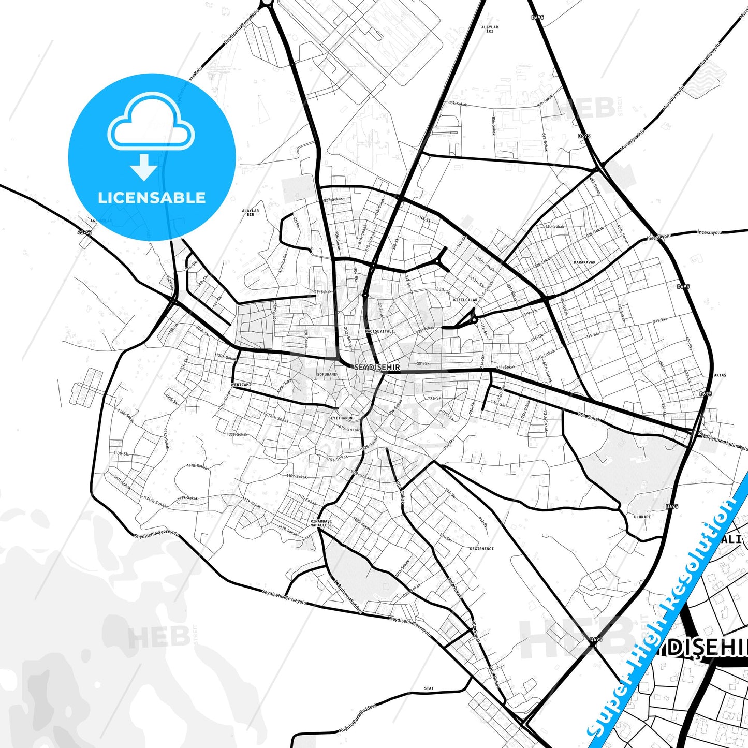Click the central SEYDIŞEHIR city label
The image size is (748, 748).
tap(377, 367)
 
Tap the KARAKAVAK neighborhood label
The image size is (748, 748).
tap(584, 262)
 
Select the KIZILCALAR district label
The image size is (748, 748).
tap(465, 300)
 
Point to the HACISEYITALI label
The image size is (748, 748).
tap(379, 331)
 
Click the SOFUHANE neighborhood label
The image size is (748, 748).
tap(327, 374)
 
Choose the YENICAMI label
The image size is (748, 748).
tap(241, 385)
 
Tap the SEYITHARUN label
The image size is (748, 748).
tap(340, 418)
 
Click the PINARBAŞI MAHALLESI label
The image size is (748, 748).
tap(321, 523)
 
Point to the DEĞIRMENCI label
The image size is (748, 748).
tap(481, 549)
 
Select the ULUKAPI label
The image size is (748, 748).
tap(642, 516)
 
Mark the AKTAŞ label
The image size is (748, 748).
tap(720, 375)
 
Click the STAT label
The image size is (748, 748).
tap(429, 688)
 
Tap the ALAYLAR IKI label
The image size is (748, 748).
tap(489, 29)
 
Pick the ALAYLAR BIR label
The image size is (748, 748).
tap(251, 212)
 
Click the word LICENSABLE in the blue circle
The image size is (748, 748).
tap(152, 198)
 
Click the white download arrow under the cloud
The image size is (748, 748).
tap(144, 167)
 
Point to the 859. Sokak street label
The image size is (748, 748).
tap(458, 104)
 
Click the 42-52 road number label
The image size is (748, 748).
tap(84, 233)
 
